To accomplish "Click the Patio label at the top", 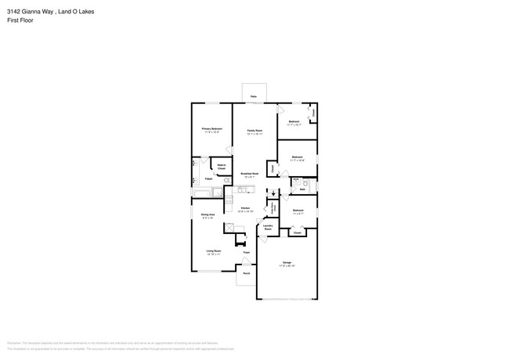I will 253,96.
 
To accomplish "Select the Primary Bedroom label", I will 211,128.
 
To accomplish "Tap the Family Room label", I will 254,131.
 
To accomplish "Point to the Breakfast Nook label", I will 249,174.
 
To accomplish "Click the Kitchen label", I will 244,208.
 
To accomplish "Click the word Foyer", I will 246,253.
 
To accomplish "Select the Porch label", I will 246,274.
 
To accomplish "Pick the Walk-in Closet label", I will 222,167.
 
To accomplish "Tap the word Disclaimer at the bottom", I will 14,343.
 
